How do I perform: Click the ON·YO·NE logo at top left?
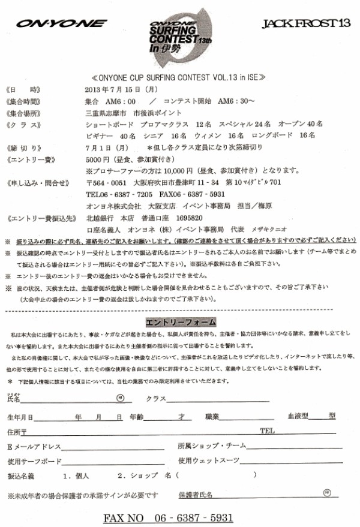pos(61,24)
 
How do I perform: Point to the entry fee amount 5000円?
pos(97,158)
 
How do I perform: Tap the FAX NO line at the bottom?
pos(169,517)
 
